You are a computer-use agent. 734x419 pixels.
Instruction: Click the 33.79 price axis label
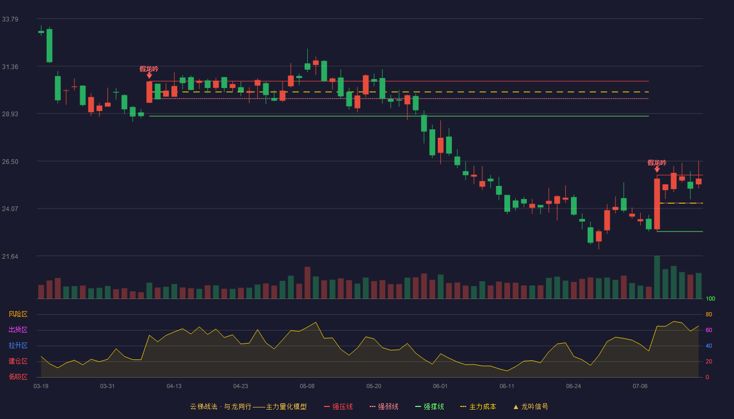pos(10,19)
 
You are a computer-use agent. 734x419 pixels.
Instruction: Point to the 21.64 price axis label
pos(10,256)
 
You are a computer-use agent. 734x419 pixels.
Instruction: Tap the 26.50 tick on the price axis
pos(10,162)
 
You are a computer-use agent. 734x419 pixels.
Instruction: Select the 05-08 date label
pos(307,387)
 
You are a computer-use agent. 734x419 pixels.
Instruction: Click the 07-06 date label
pos(640,387)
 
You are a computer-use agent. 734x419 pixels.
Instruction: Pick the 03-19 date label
pos(41,387)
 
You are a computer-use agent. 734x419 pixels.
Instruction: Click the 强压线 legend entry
pos(338,406)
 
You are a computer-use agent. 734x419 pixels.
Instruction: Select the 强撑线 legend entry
pos(429,406)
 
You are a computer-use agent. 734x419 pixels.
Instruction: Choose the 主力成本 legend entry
pos(478,406)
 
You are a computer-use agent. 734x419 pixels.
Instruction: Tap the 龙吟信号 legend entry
pos(531,406)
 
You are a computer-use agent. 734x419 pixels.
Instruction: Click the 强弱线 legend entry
pos(384,406)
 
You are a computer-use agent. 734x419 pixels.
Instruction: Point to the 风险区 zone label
pos(18,314)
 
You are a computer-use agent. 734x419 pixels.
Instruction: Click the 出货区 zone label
pos(18,329)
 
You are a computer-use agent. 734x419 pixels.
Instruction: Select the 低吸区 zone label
pos(18,377)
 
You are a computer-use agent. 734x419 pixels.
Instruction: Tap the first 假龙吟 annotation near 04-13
pos(149,69)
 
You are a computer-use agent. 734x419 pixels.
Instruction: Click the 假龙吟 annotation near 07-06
pos(657,163)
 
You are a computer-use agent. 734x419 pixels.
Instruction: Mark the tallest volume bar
pos(657,277)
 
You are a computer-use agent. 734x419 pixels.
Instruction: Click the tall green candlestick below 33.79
pos(49,46)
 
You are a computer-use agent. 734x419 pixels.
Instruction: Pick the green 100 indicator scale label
pos(710,299)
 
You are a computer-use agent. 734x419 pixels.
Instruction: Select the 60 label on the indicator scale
pos(709,330)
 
